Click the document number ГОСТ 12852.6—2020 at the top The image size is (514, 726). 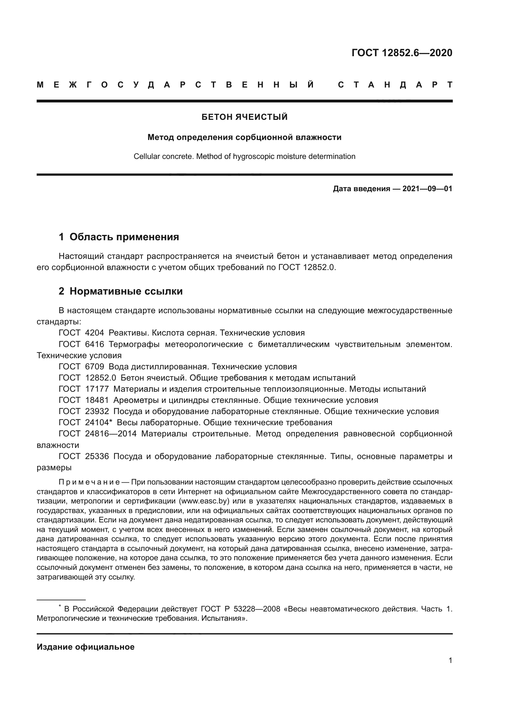tap(402, 52)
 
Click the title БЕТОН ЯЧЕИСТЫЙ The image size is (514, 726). tap(244, 117)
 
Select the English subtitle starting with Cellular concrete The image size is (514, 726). tap(244, 156)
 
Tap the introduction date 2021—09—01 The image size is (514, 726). tap(427, 189)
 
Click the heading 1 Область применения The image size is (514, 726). tap(119, 237)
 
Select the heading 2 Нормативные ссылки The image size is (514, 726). tap(121, 291)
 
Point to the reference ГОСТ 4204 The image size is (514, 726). tap(81, 333)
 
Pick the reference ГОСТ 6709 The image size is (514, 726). tap(81, 367)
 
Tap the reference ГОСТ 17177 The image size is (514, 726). tap(84, 389)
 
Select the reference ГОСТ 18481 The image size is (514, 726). tap(84, 400)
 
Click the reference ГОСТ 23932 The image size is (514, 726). tap(84, 411)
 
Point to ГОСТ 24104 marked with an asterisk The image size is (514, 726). tap(85, 422)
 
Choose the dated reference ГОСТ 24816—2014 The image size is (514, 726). tap(98, 434)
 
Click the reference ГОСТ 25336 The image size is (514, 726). tap(84, 456)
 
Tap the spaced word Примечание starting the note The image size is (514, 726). tap(89, 482)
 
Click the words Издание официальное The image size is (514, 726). tap(85, 647)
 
